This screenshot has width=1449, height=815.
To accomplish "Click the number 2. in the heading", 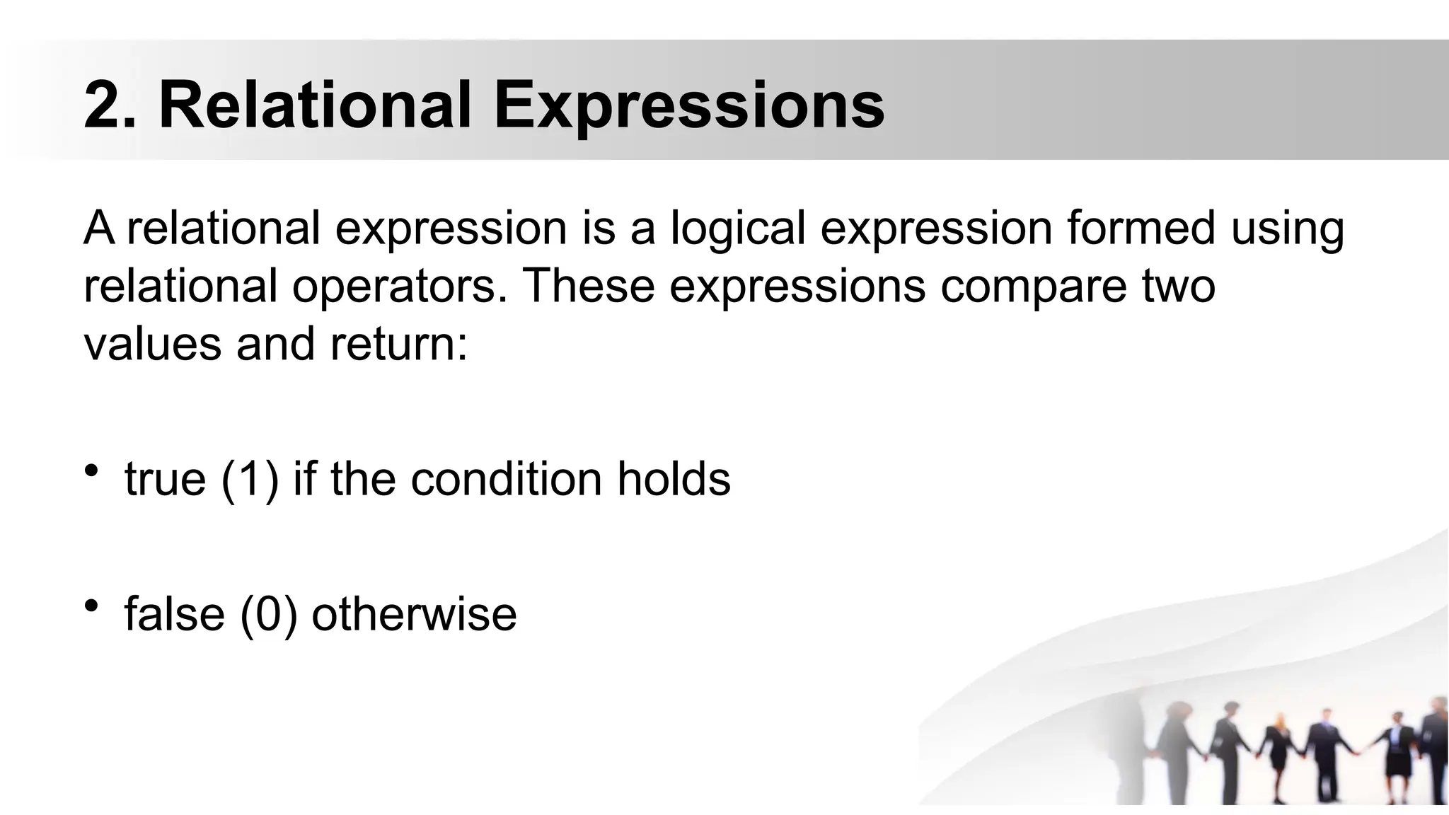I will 110,106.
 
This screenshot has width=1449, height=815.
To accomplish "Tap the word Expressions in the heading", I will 688,106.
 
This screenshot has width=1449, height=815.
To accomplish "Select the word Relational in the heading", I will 315,106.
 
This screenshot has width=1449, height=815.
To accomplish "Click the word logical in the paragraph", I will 737,229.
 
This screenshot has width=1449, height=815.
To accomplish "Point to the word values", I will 153,344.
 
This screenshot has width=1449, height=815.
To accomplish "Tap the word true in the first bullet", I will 166,479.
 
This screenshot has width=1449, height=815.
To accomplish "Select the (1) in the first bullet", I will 250,480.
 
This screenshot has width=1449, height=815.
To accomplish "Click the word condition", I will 506,479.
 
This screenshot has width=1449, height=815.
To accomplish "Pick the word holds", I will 674,479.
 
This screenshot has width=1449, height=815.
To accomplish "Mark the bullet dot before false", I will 91,606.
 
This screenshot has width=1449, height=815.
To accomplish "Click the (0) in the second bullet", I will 268,614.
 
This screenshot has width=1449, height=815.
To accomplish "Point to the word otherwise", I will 414,613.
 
